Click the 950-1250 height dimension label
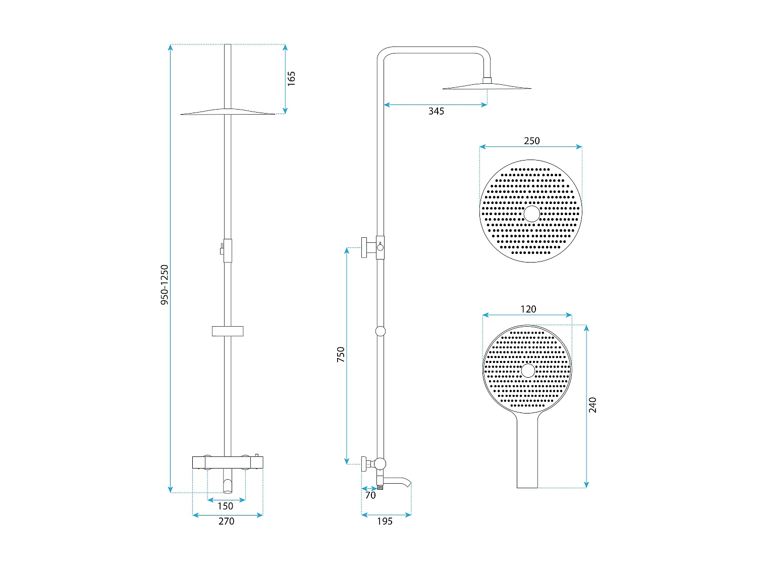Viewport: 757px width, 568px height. coord(165,285)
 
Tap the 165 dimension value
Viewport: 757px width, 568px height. coord(291,79)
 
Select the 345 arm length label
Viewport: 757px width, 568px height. coord(436,111)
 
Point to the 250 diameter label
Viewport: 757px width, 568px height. coord(531,141)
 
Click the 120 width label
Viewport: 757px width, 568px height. coord(528,309)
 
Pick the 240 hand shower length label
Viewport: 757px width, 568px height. coord(592,405)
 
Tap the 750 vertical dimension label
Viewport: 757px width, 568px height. coord(340,354)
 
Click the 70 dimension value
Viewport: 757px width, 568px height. coord(370,495)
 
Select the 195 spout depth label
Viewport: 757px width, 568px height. coord(385,521)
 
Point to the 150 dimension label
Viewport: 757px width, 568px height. coord(225,506)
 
